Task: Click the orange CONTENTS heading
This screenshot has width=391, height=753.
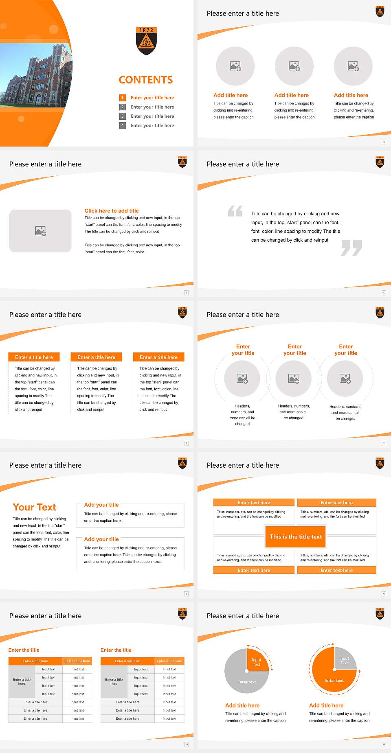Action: coord(146,80)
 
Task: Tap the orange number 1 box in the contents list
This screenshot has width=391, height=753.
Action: coord(122,98)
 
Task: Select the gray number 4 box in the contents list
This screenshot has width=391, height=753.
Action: coord(122,125)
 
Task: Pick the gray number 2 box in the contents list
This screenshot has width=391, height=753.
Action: coord(122,107)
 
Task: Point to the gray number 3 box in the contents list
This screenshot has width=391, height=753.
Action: coord(122,116)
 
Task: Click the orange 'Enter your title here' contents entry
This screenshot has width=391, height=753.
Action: coord(152,98)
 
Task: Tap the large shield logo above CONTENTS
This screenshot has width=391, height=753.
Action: coord(146,41)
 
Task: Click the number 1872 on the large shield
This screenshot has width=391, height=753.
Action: coord(146,30)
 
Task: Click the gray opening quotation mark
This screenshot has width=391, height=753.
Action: coord(235,211)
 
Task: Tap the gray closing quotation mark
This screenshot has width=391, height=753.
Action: coord(351,247)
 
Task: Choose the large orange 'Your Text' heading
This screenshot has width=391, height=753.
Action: coord(34,507)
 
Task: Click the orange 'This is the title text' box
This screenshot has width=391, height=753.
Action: coord(296,536)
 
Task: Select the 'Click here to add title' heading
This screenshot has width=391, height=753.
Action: coord(112,211)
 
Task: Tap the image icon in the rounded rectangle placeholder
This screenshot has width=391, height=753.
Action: coord(40,231)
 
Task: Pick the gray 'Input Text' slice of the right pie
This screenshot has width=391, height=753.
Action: coord(345,659)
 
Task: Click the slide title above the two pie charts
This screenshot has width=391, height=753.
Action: coord(243,616)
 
